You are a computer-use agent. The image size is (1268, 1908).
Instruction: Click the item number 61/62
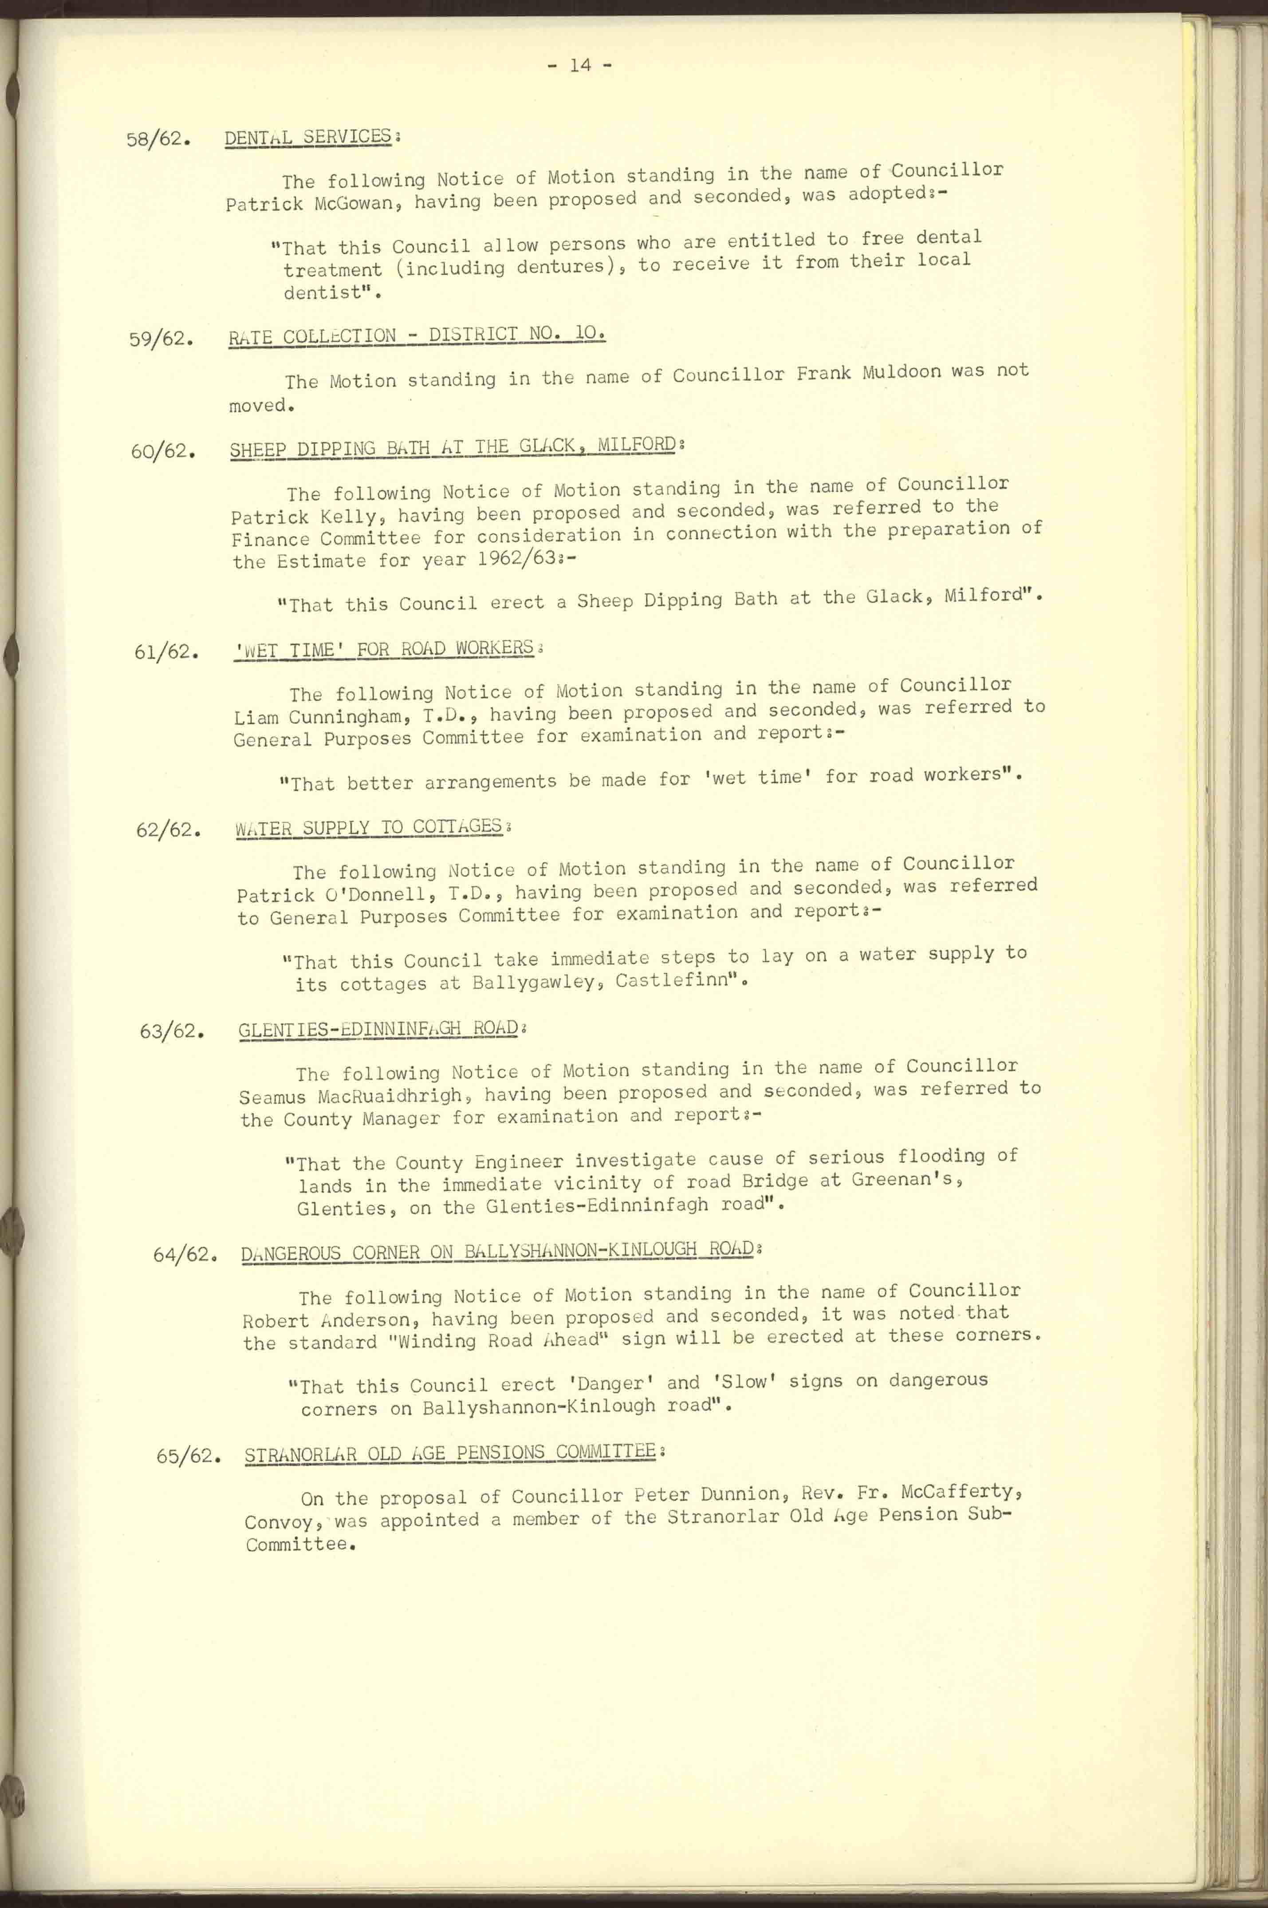click(x=166, y=651)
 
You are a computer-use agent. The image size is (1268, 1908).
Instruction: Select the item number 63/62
click(x=171, y=1031)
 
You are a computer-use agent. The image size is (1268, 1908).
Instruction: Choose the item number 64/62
click(x=185, y=1255)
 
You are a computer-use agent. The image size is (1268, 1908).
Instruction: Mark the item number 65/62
click(x=189, y=1456)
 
